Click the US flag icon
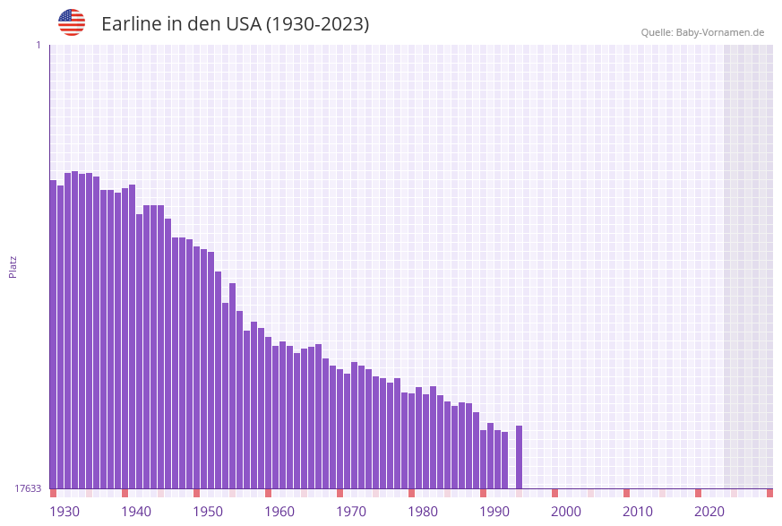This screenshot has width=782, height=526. click(72, 22)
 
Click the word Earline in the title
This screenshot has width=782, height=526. click(131, 24)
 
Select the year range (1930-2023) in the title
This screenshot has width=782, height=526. click(318, 24)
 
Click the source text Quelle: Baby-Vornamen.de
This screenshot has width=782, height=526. click(702, 32)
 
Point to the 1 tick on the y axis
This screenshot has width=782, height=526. click(38, 45)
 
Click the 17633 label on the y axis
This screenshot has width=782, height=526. click(27, 488)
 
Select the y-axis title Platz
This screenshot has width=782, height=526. click(13, 267)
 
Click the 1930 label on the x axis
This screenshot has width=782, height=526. click(64, 512)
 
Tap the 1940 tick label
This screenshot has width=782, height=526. click(136, 512)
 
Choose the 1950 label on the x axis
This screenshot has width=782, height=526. click(208, 512)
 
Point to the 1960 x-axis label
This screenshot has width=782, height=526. click(279, 512)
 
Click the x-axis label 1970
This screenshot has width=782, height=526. click(351, 512)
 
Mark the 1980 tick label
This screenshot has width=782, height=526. click(423, 512)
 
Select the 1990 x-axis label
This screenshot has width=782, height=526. click(494, 512)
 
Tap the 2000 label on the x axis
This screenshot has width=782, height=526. click(566, 512)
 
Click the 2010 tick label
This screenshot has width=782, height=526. click(638, 512)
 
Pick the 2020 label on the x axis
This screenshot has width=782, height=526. click(709, 512)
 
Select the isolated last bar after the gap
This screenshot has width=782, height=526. click(519, 457)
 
